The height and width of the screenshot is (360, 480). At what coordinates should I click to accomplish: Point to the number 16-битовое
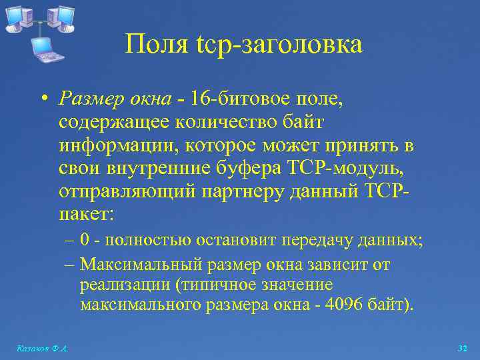click(x=233, y=99)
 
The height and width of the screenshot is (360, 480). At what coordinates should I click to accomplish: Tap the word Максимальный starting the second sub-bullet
click(x=141, y=265)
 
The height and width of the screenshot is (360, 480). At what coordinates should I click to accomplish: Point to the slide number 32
click(x=463, y=349)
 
